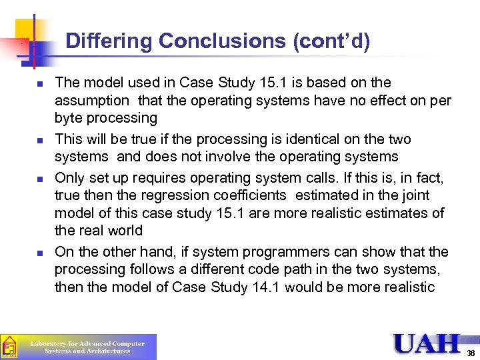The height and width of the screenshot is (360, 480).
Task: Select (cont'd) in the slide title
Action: coord(331,41)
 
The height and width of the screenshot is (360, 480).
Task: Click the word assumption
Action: coord(92,101)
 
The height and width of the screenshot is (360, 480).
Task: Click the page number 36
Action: coord(471,353)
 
